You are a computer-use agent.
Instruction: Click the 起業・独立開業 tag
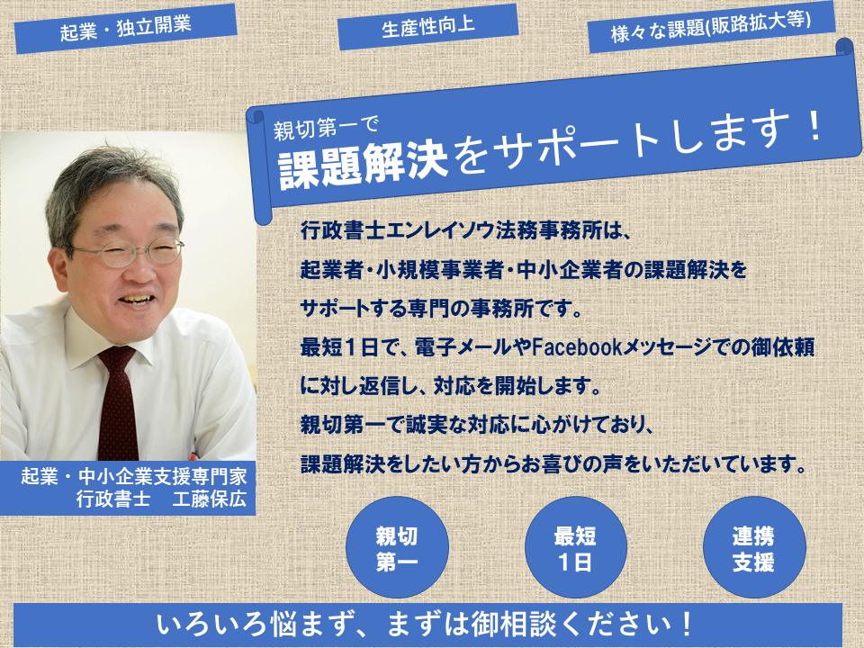(126, 28)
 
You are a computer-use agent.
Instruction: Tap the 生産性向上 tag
(427, 26)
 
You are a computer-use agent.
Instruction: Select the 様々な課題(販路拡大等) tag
(711, 26)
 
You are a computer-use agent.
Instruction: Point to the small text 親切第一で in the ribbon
(326, 129)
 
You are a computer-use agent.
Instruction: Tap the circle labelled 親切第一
(397, 547)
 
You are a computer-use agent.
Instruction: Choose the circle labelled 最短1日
(575, 547)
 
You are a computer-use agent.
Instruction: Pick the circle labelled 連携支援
(754, 547)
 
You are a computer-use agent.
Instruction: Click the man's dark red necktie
(117, 402)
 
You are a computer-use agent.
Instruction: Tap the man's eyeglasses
(128, 252)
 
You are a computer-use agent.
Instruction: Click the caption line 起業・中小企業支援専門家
(134, 475)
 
